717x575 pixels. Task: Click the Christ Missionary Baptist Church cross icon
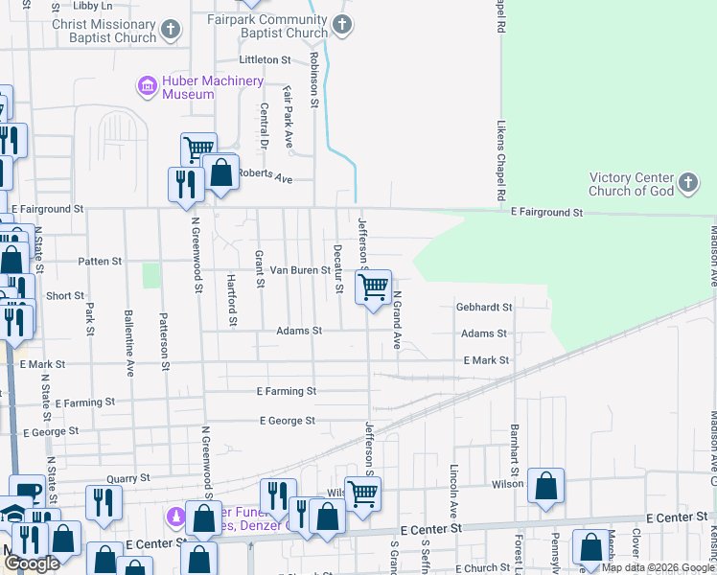(171, 31)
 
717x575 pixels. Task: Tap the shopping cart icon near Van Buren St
(373, 287)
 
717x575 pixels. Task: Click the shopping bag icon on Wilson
(545, 486)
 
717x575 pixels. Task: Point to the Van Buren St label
(298, 270)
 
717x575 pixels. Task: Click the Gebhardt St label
(484, 308)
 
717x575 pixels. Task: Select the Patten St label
(101, 261)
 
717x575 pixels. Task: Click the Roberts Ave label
(265, 177)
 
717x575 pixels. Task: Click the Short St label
(65, 296)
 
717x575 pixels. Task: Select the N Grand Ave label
(395, 320)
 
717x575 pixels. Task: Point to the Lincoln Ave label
(453, 489)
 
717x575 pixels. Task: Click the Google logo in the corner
(32, 563)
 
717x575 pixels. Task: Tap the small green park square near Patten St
(150, 275)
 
